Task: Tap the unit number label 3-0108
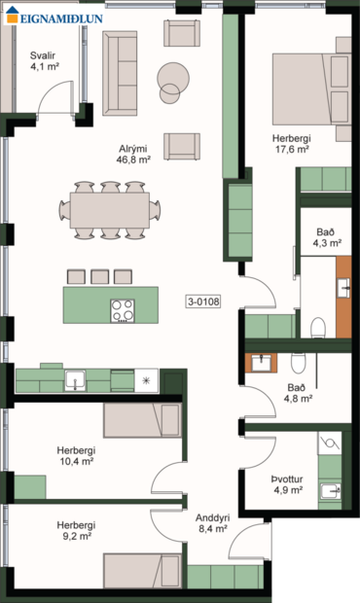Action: point(203,301)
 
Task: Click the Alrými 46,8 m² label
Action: point(133,154)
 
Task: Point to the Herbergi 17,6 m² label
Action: point(290,144)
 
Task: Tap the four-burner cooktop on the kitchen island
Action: point(124,310)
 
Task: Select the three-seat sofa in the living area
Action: point(122,72)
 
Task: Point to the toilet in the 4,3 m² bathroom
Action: point(316,326)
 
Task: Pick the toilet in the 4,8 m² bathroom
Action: point(299,363)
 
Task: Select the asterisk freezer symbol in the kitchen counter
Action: point(146,380)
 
